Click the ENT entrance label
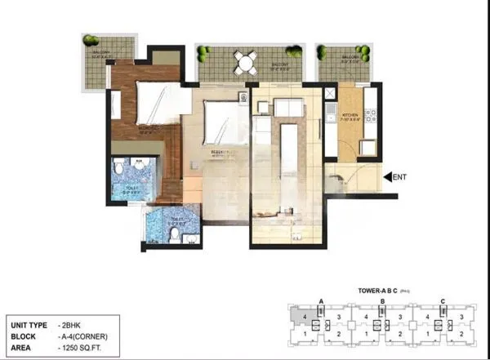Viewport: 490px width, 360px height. click(401, 176)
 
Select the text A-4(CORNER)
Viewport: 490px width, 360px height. click(84, 335)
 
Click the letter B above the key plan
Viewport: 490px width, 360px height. click(382, 301)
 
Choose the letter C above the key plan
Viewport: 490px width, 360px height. click(442, 301)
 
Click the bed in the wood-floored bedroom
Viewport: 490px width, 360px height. click(155, 104)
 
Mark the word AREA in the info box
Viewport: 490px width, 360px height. click(22, 345)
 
